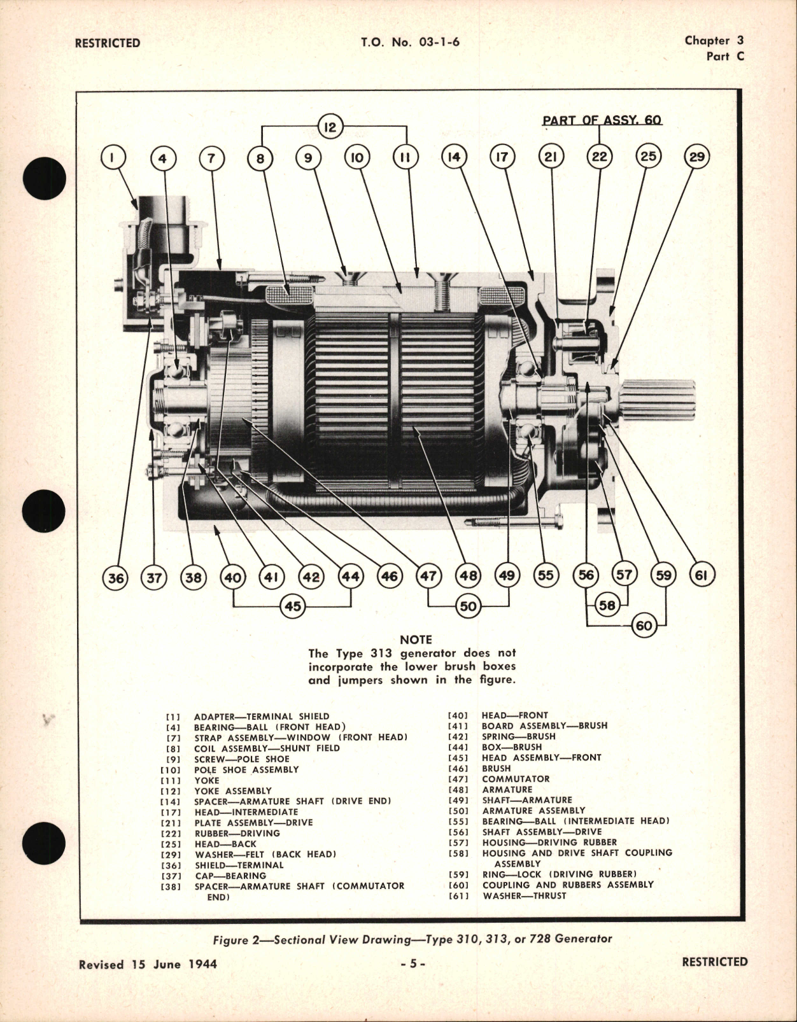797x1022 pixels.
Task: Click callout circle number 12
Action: (330, 127)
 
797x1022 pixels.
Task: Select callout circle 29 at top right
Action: (696, 157)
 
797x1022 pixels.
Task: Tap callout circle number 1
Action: (113, 157)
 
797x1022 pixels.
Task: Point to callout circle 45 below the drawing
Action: (292, 606)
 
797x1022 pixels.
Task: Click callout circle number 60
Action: (644, 626)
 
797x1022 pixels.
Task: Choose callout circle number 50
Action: (468, 606)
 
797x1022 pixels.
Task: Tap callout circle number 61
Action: (702, 575)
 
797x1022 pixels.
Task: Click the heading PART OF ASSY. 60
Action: (602, 120)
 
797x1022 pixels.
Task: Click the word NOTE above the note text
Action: (416, 640)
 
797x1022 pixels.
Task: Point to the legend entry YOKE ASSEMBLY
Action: (223, 791)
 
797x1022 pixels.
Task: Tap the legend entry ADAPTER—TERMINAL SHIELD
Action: (262, 716)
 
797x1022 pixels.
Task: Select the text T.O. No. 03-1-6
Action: (410, 43)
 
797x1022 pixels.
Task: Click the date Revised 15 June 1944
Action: (148, 964)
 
